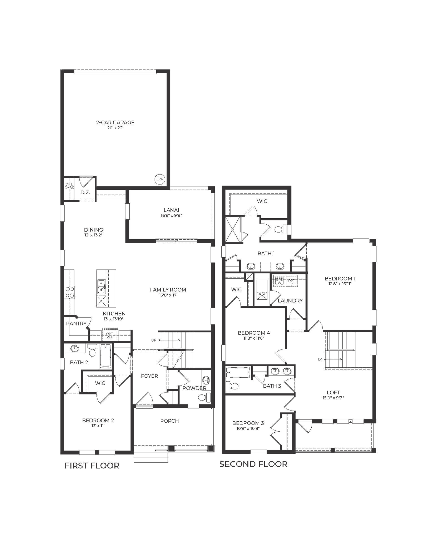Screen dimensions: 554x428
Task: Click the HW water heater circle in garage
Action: point(160,179)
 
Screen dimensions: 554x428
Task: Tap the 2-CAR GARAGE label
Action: point(115,122)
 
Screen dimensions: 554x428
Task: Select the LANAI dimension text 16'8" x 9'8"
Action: point(171,215)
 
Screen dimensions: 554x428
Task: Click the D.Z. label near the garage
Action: point(85,192)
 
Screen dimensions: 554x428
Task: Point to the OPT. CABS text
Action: point(69,186)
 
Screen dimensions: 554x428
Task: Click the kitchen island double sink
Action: point(101,287)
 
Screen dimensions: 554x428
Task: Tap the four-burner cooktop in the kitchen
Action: point(70,292)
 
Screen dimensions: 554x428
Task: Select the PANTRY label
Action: point(76,324)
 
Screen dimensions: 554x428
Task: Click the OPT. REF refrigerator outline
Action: point(110,335)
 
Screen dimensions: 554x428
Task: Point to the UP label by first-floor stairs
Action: point(154,340)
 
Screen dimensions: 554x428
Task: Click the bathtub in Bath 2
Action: point(105,356)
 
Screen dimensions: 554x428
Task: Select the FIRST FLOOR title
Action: point(92,466)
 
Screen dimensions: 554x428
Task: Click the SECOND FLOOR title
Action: point(253,464)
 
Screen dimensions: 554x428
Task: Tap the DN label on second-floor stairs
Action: point(321,359)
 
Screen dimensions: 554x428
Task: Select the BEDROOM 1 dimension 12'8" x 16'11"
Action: point(340,284)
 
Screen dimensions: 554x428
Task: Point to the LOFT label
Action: point(333,393)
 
